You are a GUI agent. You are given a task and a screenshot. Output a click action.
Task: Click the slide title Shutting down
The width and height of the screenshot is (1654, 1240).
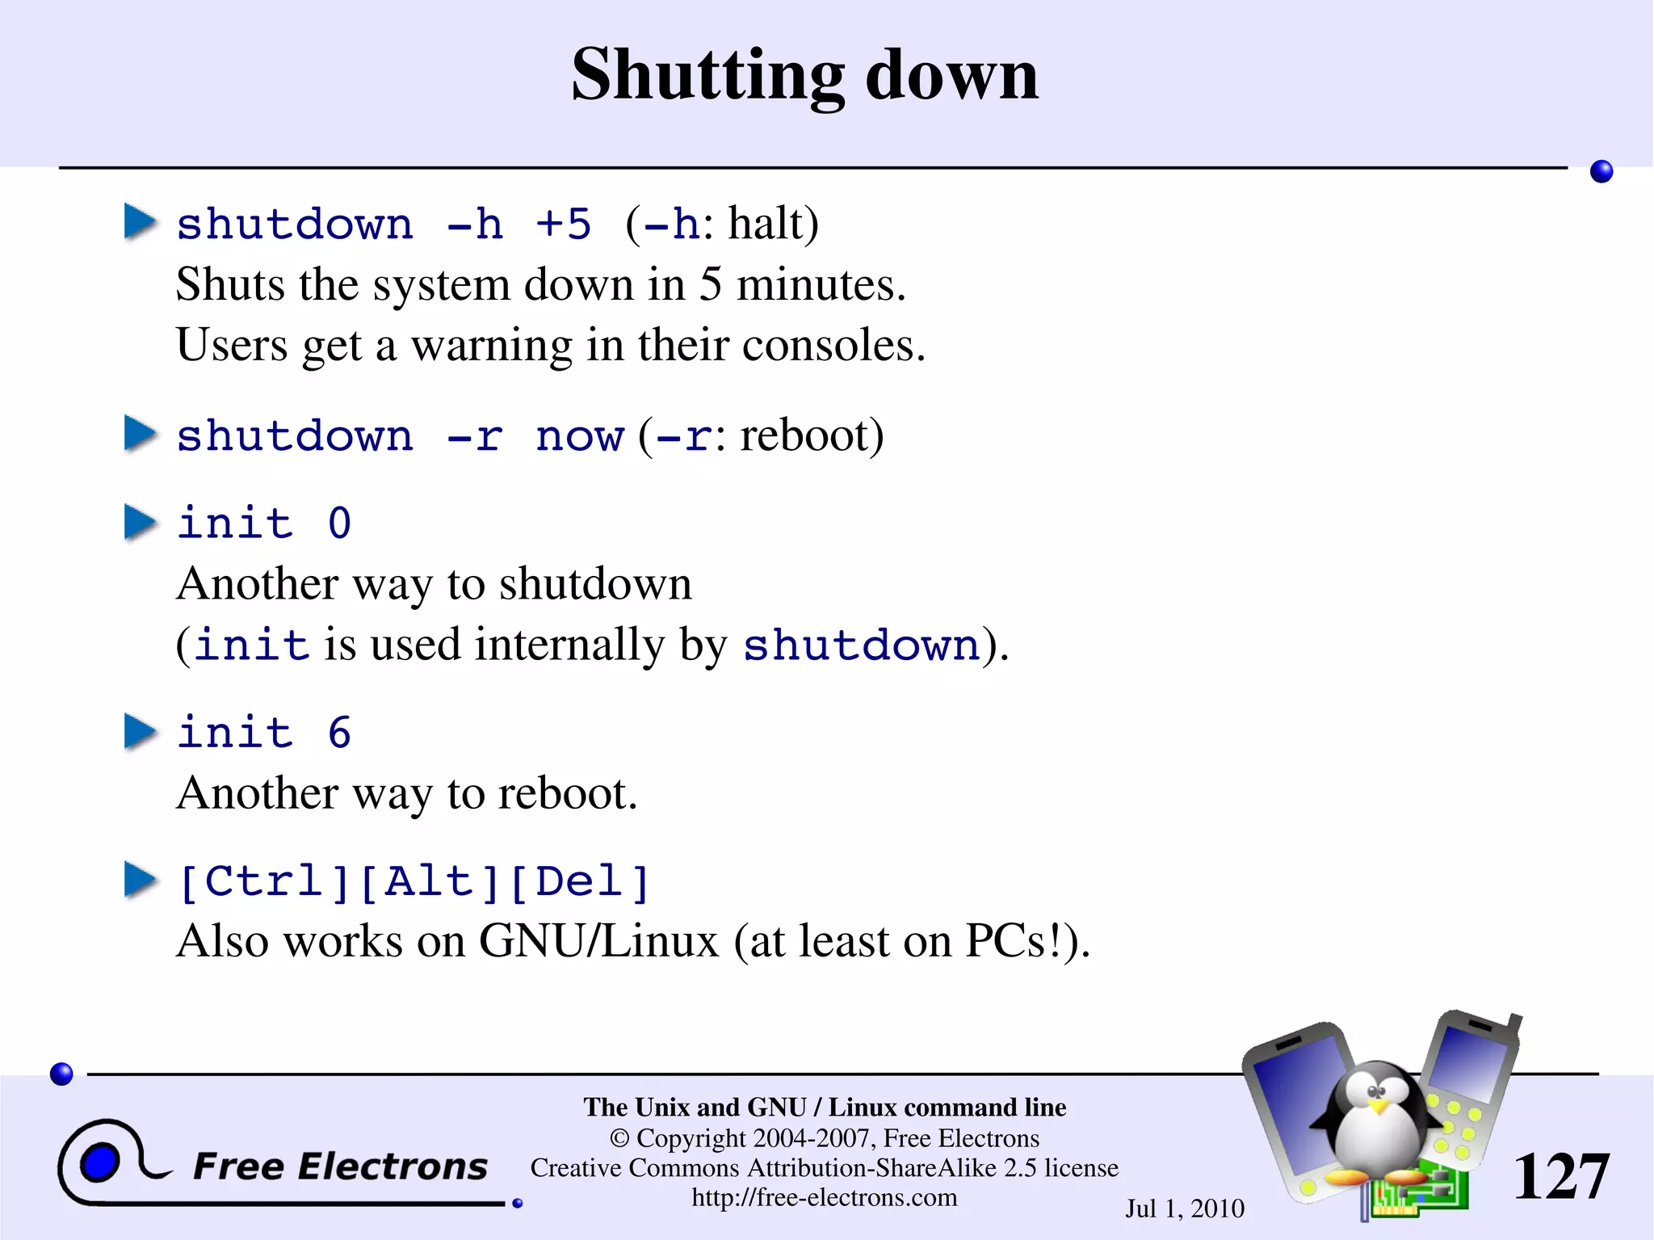pyautogui.click(x=804, y=74)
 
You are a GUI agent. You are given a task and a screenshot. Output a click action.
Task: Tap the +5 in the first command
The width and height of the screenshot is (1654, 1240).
pyautogui.click(x=563, y=224)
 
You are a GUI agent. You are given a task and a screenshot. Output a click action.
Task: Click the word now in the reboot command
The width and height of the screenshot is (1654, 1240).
pyautogui.click(x=579, y=436)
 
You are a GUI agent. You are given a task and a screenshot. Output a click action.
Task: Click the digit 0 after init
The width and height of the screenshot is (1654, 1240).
pyautogui.click(x=339, y=523)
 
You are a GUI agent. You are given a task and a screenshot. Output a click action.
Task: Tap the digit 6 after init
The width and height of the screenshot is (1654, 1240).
pyautogui.click(x=339, y=733)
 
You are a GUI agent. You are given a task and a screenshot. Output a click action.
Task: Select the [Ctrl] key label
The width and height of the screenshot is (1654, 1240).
pyautogui.click(x=264, y=881)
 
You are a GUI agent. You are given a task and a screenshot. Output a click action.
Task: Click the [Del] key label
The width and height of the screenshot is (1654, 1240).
pyautogui.click(x=580, y=881)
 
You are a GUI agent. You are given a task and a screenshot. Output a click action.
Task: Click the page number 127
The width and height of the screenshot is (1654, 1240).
pyautogui.click(x=1560, y=1176)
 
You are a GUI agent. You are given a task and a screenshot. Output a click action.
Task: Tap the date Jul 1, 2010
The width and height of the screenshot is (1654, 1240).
pyautogui.click(x=1185, y=1208)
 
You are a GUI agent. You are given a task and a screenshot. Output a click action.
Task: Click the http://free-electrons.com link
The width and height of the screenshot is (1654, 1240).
pyautogui.click(x=824, y=1197)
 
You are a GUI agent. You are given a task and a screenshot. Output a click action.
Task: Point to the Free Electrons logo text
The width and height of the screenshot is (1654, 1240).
pyautogui.click(x=340, y=1166)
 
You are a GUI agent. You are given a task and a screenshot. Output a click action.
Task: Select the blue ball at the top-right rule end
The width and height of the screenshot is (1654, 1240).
pyautogui.click(x=1601, y=171)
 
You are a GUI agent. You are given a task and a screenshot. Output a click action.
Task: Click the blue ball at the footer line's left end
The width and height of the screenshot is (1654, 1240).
pyautogui.click(x=61, y=1074)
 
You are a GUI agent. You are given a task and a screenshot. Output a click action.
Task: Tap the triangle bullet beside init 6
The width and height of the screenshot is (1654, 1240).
pyautogui.click(x=140, y=732)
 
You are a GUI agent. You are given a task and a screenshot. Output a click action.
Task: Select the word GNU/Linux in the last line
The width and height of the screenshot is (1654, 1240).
pyautogui.click(x=598, y=942)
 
